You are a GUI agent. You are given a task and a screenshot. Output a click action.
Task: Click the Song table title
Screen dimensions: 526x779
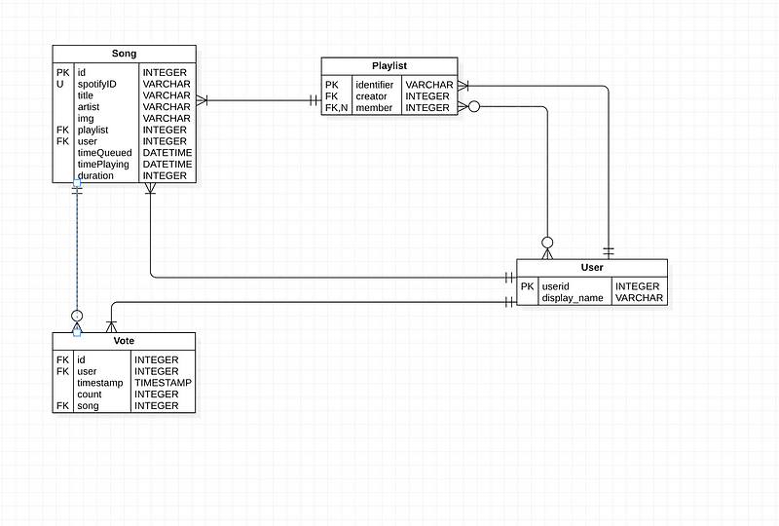124,53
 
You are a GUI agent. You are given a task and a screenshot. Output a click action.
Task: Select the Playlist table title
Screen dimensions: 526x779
389,65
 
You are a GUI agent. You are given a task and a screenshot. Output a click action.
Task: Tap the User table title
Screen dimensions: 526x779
591,267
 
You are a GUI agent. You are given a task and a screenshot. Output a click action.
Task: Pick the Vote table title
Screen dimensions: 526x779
124,340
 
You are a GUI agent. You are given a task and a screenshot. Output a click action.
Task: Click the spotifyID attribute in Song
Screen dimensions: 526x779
97,84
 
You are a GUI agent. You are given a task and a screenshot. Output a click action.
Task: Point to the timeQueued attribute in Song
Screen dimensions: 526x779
104,153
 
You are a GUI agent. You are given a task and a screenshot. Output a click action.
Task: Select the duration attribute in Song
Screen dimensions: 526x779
95,176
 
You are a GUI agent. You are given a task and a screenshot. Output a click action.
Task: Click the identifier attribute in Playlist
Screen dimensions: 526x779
374,85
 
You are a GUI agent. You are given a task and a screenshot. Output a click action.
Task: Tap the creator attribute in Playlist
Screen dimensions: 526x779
371,96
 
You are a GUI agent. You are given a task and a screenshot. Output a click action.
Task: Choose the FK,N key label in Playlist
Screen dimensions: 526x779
337,108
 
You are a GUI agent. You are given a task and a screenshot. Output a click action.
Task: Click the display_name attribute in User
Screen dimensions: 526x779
573,298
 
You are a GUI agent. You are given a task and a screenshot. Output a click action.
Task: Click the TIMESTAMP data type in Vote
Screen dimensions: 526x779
163,383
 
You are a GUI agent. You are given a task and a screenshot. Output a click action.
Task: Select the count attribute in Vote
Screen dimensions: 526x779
90,394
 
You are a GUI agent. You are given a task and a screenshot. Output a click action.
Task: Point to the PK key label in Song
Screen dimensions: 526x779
62,72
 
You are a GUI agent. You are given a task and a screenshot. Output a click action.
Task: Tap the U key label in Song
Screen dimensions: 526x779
59,84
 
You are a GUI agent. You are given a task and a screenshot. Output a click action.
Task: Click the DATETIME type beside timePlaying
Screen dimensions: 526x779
167,165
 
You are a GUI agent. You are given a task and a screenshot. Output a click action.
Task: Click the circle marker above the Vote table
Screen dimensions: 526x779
77,316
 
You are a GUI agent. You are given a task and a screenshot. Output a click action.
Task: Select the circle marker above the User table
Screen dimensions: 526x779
547,242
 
